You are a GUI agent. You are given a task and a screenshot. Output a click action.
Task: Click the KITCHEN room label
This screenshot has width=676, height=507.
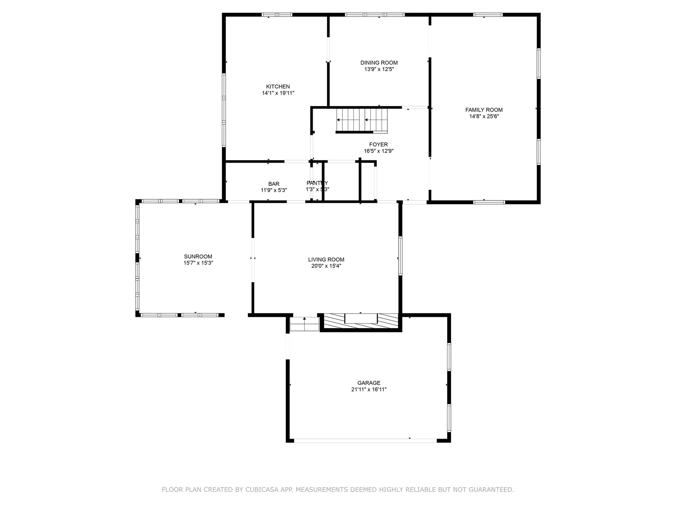(278, 87)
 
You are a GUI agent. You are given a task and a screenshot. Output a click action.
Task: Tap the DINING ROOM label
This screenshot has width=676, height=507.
(379, 63)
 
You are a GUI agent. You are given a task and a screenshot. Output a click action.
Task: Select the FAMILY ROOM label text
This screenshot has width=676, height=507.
(484, 110)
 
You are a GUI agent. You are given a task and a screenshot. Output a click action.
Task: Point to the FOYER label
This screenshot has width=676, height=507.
(378, 144)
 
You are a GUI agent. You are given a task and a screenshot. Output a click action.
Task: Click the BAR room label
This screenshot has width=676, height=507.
(274, 184)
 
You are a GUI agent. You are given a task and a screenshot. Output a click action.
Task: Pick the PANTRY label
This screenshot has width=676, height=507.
(317, 183)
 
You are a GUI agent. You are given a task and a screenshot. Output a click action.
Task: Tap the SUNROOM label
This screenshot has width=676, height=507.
(198, 257)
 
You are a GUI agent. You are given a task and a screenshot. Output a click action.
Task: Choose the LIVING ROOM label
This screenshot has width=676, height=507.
(326, 259)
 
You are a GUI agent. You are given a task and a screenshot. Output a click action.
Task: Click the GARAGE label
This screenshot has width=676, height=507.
(369, 383)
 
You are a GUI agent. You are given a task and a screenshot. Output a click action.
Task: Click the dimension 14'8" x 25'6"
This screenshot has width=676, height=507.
(484, 117)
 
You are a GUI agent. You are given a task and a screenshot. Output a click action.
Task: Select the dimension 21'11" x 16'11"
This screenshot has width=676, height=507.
(369, 389)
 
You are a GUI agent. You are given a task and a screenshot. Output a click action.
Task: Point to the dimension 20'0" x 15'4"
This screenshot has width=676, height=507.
(326, 266)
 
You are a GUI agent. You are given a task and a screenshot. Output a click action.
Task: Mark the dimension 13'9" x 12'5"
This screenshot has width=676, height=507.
(379, 69)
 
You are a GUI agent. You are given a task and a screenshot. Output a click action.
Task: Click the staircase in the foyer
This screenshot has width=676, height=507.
(362, 120)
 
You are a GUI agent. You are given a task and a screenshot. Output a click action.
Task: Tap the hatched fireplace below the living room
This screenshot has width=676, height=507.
(361, 321)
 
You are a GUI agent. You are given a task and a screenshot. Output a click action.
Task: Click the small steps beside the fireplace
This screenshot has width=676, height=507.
(304, 324)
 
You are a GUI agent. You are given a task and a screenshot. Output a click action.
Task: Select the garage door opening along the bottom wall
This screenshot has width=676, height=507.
(365, 440)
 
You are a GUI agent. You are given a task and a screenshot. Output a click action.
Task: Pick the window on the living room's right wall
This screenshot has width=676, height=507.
(400, 256)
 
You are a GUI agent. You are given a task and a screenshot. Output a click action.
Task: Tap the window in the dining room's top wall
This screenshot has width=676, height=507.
(375, 15)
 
